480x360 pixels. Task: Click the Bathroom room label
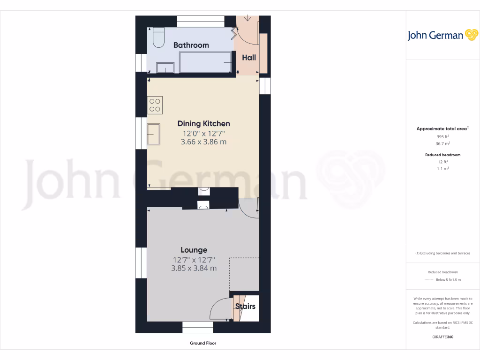[191, 45]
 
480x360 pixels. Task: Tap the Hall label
[249, 58]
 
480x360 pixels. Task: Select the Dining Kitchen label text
[203, 124]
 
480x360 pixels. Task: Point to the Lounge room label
[194, 250]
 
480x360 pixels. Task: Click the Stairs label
[245, 306]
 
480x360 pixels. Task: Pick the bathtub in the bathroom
[205, 62]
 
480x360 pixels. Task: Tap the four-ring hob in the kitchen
[155, 105]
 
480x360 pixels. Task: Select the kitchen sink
[154, 135]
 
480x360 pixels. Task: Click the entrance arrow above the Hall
[248, 19]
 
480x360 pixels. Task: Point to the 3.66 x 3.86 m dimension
[203, 142]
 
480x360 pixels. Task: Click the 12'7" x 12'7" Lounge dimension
[194, 260]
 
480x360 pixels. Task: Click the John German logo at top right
[442, 35]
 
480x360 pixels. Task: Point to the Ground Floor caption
[203, 343]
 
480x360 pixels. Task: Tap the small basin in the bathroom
[165, 68]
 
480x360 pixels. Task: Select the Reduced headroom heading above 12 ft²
[442, 155]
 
